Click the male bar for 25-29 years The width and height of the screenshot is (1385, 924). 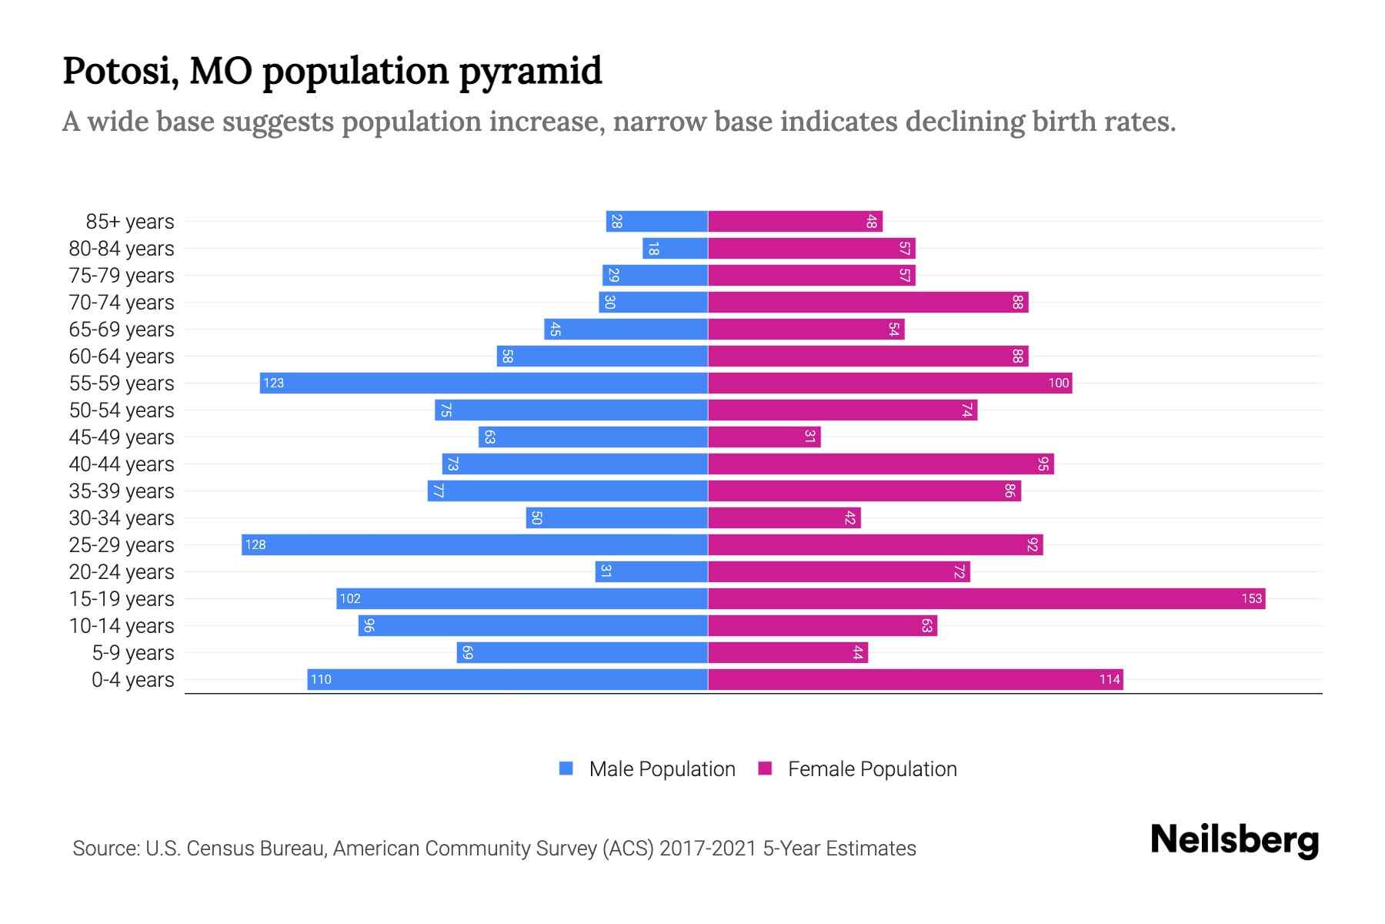(475, 545)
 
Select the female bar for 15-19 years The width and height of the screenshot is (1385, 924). (986, 599)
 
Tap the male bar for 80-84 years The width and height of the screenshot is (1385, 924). (676, 249)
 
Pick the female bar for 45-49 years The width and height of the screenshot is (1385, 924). (764, 437)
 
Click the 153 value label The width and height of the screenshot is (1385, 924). (1251, 599)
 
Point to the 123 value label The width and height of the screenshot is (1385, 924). (274, 383)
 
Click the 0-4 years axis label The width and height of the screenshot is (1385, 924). (132, 680)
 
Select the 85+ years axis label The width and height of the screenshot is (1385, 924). (130, 222)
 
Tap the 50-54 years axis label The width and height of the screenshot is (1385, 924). (122, 410)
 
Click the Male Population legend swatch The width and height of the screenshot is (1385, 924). (566, 768)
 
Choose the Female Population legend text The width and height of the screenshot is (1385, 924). (872, 769)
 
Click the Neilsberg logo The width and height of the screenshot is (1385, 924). (1234, 840)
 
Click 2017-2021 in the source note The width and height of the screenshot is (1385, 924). (708, 849)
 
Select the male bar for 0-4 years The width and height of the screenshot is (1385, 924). (508, 680)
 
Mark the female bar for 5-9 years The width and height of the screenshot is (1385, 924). (788, 653)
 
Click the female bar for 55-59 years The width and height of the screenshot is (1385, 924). (889, 383)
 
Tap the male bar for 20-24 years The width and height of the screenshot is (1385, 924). (652, 572)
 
